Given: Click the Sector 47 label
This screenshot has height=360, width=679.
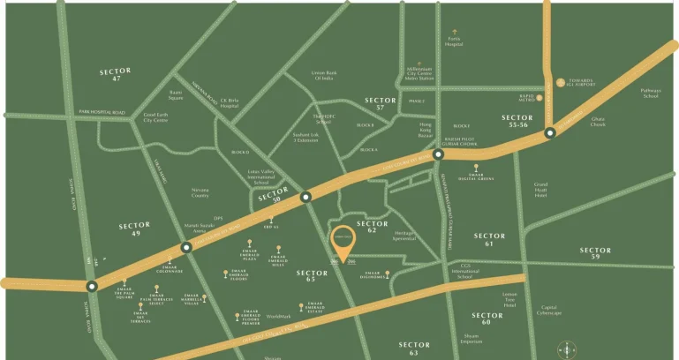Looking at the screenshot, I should pos(116,74).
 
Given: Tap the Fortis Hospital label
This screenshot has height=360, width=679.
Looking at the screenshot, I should pos(454,41).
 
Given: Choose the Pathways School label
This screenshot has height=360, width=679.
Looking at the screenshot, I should pos(650,93).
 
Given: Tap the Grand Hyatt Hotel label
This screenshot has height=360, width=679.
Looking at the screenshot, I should pos(541,191).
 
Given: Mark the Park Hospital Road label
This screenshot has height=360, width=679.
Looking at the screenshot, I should pos(102,113).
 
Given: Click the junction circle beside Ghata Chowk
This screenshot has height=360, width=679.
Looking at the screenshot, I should pos(549,133).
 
